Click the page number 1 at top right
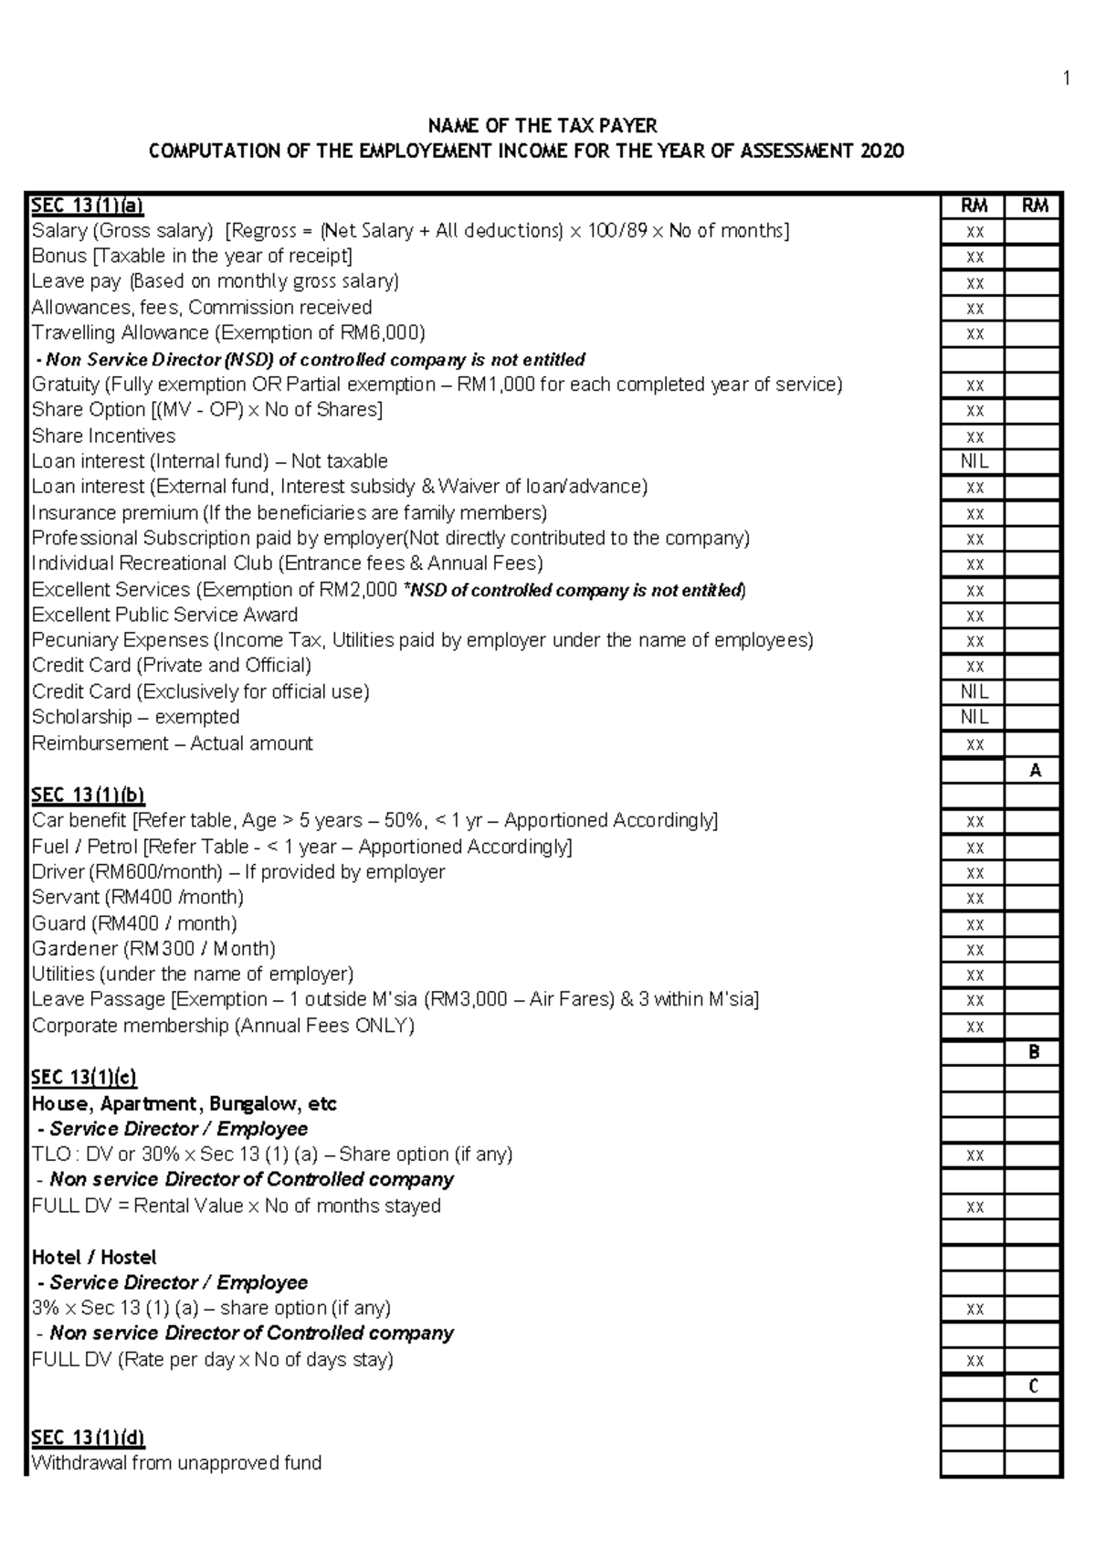[1066, 79]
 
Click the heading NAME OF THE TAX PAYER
[543, 125]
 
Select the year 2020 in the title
[881, 151]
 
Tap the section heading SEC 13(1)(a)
[88, 205]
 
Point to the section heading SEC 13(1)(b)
[88, 795]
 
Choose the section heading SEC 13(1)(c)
[84, 1077]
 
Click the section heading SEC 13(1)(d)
[88, 1438]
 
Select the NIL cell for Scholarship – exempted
[975, 718]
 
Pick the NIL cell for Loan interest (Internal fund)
[975, 462]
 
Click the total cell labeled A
[1035, 771]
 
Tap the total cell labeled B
[1035, 1052]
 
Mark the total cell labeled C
[1035, 1386]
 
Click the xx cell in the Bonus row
[975, 258]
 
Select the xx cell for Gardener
[975, 950]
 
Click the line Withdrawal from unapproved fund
[176, 1463]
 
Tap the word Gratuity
[65, 385]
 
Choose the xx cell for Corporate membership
[975, 1027]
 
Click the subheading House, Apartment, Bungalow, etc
[184, 1103]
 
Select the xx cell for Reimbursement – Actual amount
[975, 744]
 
